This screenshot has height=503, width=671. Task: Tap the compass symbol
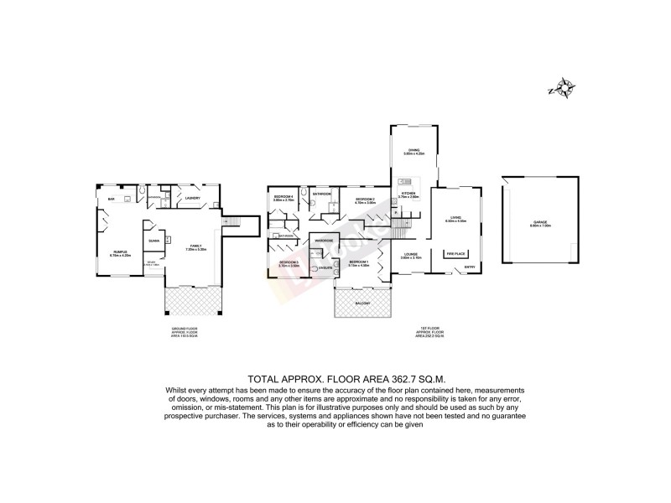pyautogui.click(x=561, y=87)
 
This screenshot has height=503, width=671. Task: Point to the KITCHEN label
pyautogui.click(x=408, y=194)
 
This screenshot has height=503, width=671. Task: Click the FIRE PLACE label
pyautogui.click(x=455, y=252)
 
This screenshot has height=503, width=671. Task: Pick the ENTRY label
pyautogui.click(x=467, y=267)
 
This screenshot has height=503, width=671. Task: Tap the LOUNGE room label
pyautogui.click(x=411, y=254)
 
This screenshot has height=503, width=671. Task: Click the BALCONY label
pyautogui.click(x=362, y=303)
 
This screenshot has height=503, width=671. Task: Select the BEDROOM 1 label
pyautogui.click(x=359, y=262)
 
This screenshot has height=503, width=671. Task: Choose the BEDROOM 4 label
pyautogui.click(x=282, y=198)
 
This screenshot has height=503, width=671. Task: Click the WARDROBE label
pyautogui.click(x=325, y=241)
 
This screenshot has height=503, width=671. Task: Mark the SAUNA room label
pyautogui.click(x=153, y=241)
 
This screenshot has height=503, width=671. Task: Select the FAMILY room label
pyautogui.click(x=195, y=246)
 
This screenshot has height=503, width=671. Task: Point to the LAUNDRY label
pyautogui.click(x=193, y=199)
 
